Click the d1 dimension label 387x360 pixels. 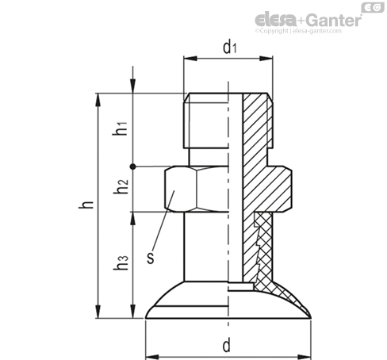tap(230, 47)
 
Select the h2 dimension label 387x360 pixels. tap(121, 186)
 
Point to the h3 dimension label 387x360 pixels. tap(121, 263)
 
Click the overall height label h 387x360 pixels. tap(86, 205)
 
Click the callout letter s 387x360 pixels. tap(151, 258)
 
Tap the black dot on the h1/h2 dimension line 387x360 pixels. tap(133, 167)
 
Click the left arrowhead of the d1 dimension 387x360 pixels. tap(190, 59)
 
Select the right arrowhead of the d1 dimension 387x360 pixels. tap(266, 59)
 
